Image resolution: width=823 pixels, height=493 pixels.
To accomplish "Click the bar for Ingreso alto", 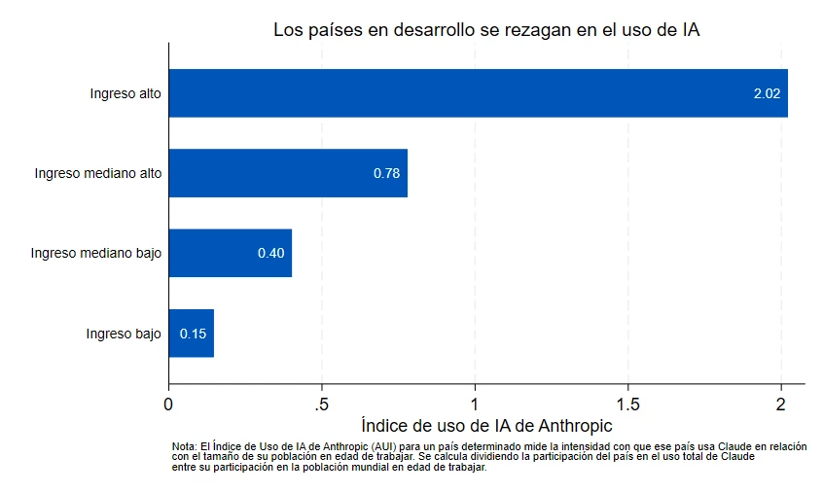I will [x=478, y=93].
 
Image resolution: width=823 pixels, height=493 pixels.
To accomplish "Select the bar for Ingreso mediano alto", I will [x=288, y=173].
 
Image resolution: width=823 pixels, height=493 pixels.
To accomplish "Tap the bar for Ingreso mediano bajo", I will [x=231, y=253].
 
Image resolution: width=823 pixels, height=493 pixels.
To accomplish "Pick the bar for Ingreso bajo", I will [x=192, y=333].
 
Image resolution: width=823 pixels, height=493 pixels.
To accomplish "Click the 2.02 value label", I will [x=767, y=94].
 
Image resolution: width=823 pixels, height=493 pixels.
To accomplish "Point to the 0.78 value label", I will [x=387, y=174].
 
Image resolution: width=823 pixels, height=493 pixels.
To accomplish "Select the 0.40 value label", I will [x=270, y=254].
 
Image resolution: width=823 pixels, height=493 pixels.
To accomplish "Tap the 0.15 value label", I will [x=193, y=334].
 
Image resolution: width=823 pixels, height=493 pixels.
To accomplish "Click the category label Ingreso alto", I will [x=125, y=94].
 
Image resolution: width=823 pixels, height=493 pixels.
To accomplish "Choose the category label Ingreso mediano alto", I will [x=98, y=174].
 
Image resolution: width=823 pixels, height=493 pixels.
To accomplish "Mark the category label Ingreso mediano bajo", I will [x=96, y=254].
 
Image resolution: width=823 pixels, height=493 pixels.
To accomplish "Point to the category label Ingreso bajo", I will [x=124, y=334].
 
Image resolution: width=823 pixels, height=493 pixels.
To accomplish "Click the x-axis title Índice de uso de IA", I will [x=487, y=426].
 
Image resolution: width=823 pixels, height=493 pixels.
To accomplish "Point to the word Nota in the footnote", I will [x=183, y=445].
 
